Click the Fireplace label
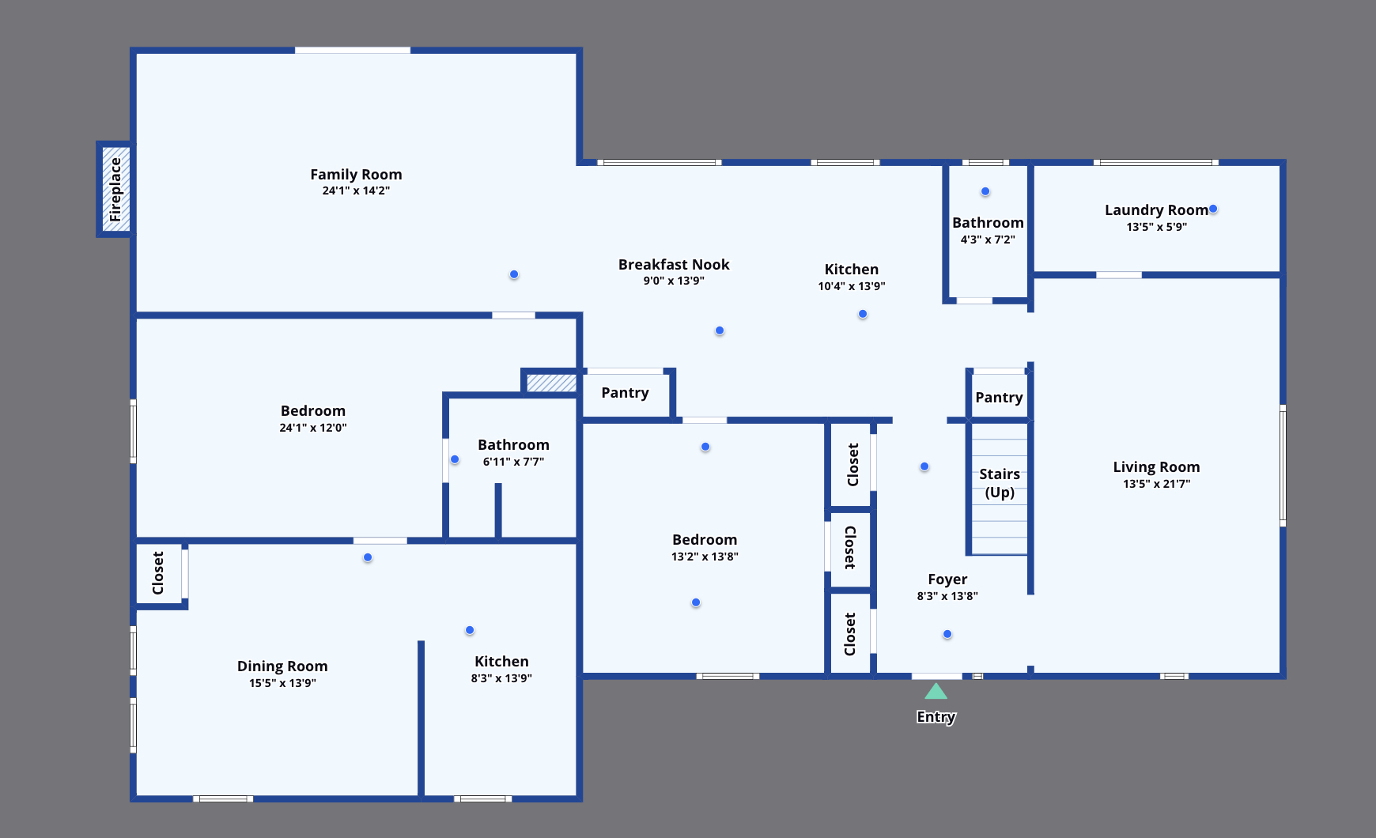pyautogui.click(x=115, y=190)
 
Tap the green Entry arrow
pyautogui.click(x=936, y=692)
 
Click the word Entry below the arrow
pyautogui.click(x=936, y=717)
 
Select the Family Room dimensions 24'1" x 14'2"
pyautogui.click(x=356, y=191)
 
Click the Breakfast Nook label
pyautogui.click(x=674, y=265)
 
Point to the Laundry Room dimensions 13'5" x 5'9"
pyautogui.click(x=1156, y=227)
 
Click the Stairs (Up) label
pyautogui.click(x=1000, y=483)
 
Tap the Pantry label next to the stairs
pyautogui.click(x=999, y=398)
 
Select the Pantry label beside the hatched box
pyautogui.click(x=625, y=393)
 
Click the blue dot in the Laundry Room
pyautogui.click(x=1213, y=209)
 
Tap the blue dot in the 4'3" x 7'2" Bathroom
pyautogui.click(x=985, y=191)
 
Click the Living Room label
pyautogui.click(x=1156, y=467)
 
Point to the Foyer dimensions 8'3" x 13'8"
pyautogui.click(x=947, y=596)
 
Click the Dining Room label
pyautogui.click(x=282, y=666)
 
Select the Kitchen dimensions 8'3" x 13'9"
pyautogui.click(x=501, y=678)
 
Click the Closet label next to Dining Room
pyautogui.click(x=158, y=573)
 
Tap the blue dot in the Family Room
pyautogui.click(x=514, y=274)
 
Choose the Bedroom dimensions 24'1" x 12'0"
pyautogui.click(x=313, y=428)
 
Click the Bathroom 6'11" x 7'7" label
pyautogui.click(x=513, y=445)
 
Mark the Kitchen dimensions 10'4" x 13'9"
pyautogui.click(x=852, y=286)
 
